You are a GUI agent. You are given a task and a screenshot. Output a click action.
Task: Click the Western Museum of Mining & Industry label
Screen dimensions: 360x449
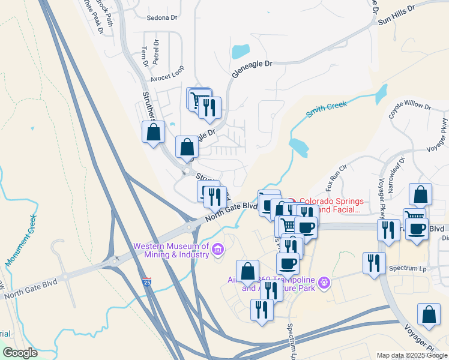171,250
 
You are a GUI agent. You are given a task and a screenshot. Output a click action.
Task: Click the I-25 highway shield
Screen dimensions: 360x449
148,281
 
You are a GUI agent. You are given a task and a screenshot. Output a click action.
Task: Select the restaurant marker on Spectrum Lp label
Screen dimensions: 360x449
374,263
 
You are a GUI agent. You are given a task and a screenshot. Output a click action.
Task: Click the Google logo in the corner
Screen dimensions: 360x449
20,353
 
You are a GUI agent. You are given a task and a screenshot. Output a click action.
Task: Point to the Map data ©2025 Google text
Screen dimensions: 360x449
411,355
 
